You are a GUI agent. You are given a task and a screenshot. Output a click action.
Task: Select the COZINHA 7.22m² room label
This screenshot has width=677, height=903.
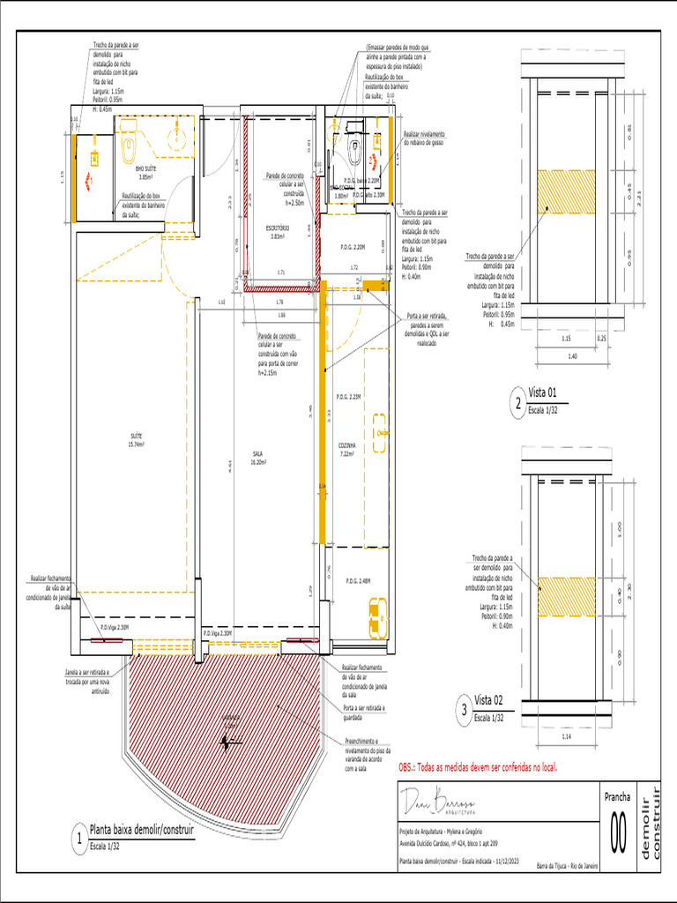[346, 450]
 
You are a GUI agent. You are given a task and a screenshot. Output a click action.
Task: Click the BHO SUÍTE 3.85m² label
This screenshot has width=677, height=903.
[146, 173]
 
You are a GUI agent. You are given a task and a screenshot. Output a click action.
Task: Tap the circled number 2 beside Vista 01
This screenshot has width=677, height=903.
[517, 405]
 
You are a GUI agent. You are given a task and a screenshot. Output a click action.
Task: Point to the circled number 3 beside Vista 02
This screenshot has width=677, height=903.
[465, 708]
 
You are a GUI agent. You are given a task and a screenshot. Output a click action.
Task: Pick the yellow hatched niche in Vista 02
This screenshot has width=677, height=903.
[567, 596]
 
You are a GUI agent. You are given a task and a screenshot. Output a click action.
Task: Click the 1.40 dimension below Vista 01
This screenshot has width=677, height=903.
[571, 354]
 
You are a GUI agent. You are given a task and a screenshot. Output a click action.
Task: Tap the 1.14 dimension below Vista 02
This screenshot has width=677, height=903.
[565, 735]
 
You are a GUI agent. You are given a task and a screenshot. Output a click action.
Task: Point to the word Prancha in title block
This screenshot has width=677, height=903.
[618, 796]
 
